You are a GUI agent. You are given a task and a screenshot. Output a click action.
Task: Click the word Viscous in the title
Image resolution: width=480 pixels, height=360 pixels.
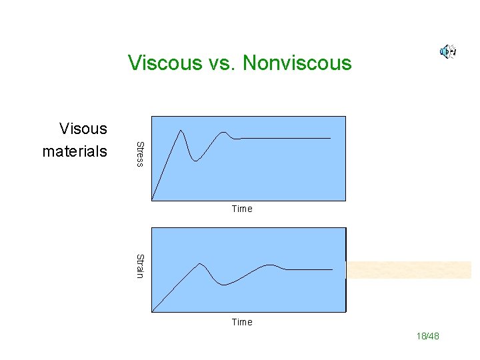click(165, 63)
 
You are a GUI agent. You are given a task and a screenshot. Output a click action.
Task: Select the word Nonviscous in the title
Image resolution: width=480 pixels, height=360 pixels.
click(297, 63)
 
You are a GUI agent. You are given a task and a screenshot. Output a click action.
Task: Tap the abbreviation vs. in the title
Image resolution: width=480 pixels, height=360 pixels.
click(223, 63)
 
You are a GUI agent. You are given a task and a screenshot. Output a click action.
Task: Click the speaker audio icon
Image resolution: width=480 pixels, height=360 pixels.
click(447, 51)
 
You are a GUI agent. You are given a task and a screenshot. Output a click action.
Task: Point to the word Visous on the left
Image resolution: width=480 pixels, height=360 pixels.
click(83, 128)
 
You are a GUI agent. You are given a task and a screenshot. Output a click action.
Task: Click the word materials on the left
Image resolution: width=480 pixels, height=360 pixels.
click(74, 151)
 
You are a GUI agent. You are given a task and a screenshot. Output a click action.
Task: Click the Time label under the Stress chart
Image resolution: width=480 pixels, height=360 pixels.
click(242, 209)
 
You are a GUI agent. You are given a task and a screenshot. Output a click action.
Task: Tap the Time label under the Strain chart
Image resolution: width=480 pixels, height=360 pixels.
click(242, 322)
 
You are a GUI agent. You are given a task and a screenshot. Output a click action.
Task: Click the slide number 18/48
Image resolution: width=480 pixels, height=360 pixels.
click(428, 337)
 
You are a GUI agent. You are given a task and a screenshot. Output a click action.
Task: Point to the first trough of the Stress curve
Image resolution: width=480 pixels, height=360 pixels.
click(195, 161)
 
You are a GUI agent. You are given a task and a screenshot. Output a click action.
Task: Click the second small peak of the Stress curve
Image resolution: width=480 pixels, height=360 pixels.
click(224, 133)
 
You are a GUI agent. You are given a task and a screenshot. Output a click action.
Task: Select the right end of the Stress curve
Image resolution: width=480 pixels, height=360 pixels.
click(330, 138)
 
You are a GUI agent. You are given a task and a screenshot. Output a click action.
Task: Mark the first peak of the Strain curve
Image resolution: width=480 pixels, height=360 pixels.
click(199, 264)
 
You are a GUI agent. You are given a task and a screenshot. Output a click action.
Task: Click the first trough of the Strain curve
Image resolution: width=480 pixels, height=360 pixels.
click(223, 285)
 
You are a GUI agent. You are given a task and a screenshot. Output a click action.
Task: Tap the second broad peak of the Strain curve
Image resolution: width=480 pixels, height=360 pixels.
click(269, 265)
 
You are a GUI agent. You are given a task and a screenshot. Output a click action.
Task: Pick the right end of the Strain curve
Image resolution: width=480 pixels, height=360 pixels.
click(331, 269)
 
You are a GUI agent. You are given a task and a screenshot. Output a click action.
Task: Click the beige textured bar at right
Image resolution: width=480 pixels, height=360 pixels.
click(408, 270)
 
